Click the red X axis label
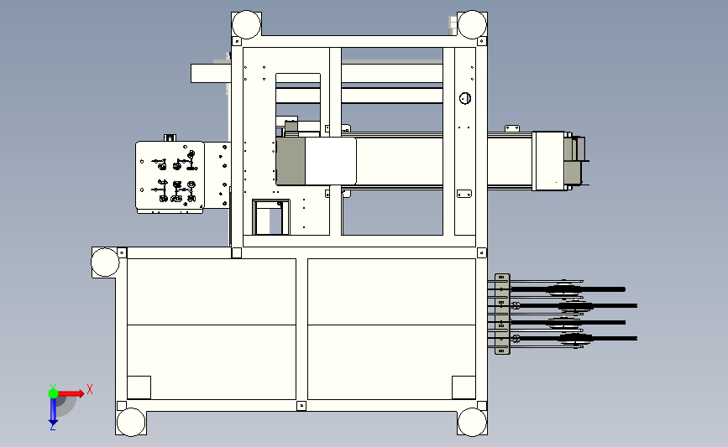90,389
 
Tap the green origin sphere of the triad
53,393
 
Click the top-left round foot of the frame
246,24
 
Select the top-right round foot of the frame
472,24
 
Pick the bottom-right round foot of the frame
472,422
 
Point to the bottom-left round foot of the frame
131,422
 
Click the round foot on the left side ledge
105,262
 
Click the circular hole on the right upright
464,98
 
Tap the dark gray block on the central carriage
291,161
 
